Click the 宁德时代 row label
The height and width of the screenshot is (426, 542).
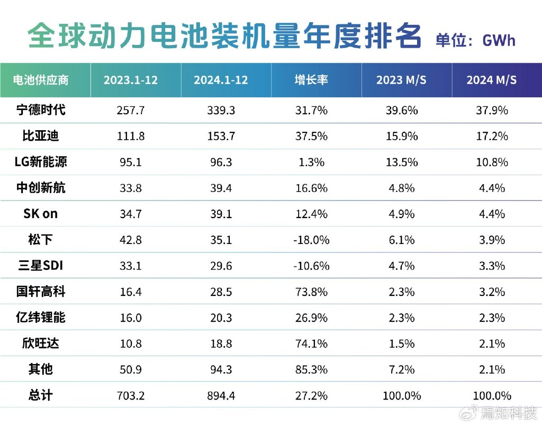40,110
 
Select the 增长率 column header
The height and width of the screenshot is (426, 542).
311,80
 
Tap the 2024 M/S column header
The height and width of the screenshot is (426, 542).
491,80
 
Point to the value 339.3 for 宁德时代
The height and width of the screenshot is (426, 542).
221,110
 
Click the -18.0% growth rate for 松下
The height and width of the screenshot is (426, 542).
311,240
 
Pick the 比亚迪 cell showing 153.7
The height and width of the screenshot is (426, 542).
221,136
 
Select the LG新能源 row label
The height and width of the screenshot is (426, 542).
40,162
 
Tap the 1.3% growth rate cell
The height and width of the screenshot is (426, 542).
311,162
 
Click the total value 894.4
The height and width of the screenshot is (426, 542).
221,395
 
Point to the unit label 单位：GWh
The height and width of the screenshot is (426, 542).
475,40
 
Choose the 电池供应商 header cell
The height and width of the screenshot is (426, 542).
40,80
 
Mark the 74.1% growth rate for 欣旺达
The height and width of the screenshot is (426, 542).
311,343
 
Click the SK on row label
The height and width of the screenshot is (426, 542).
40,214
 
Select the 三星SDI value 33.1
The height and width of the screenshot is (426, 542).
130,266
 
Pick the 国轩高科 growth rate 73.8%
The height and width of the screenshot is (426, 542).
311,292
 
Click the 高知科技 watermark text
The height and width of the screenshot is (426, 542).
508,412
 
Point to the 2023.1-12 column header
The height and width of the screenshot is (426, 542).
130,80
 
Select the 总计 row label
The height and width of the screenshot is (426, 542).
40,395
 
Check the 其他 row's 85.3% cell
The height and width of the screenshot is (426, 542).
311,369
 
